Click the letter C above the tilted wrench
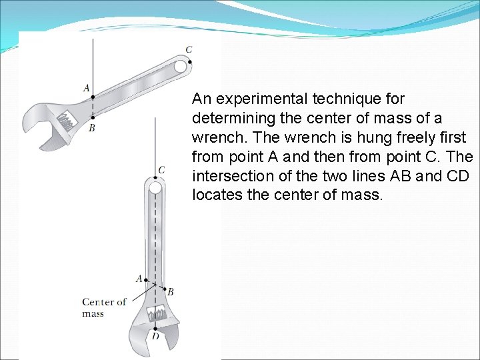(x=189, y=49)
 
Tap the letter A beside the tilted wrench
(x=86, y=87)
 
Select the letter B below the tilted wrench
(x=91, y=128)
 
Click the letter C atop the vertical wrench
(x=161, y=170)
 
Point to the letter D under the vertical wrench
(x=155, y=336)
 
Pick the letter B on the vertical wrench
(x=171, y=291)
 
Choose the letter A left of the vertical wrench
(x=139, y=278)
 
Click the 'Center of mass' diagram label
(x=103, y=307)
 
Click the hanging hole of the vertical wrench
(x=155, y=188)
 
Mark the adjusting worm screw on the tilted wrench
(x=67, y=121)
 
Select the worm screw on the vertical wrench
(x=157, y=313)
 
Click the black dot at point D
(x=155, y=327)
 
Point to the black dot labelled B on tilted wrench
(x=93, y=118)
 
